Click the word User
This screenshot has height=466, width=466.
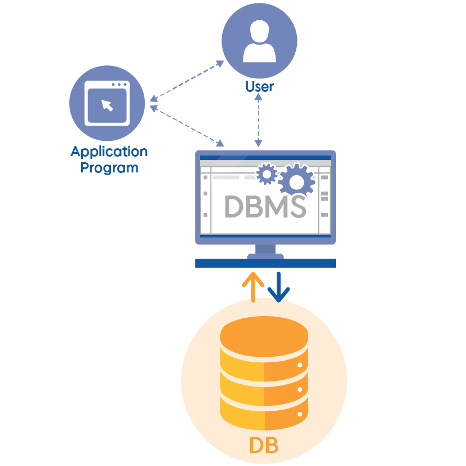[259, 87]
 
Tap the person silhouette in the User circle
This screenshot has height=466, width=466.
[259, 43]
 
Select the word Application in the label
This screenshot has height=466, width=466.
[109, 152]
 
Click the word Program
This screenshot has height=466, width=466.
[109, 167]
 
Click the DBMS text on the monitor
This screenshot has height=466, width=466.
[265, 207]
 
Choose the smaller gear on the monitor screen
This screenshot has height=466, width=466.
[267, 174]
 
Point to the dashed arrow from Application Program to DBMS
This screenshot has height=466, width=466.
[187, 125]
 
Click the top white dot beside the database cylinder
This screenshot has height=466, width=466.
[300, 365]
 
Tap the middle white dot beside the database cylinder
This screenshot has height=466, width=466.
[300, 389]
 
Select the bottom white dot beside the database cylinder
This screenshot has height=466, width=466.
[300, 414]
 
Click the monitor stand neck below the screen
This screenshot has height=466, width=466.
[265, 250]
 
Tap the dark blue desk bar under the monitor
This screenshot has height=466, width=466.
[265, 263]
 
